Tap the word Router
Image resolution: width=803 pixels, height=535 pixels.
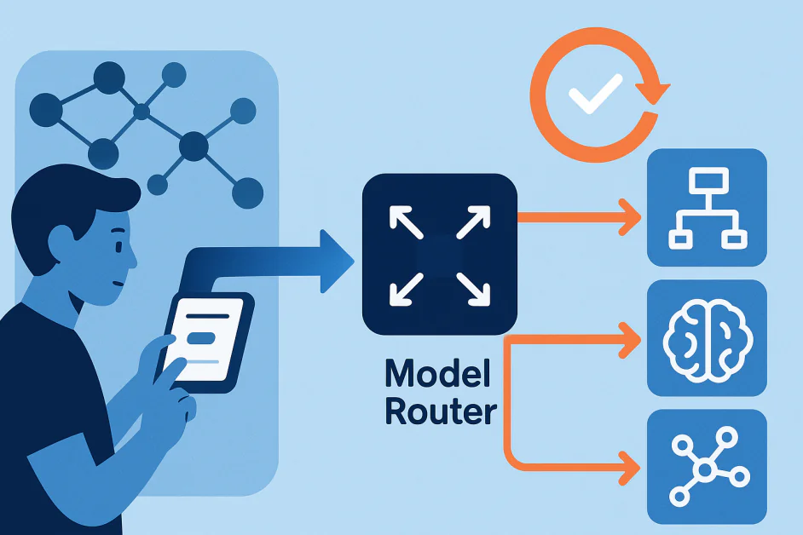click(x=440, y=411)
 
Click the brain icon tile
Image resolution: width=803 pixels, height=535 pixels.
click(x=707, y=338)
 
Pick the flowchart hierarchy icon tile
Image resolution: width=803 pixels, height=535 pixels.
click(x=707, y=207)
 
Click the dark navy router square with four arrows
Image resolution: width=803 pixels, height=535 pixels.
click(x=440, y=254)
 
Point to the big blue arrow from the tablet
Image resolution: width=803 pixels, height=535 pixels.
click(x=281, y=260)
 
